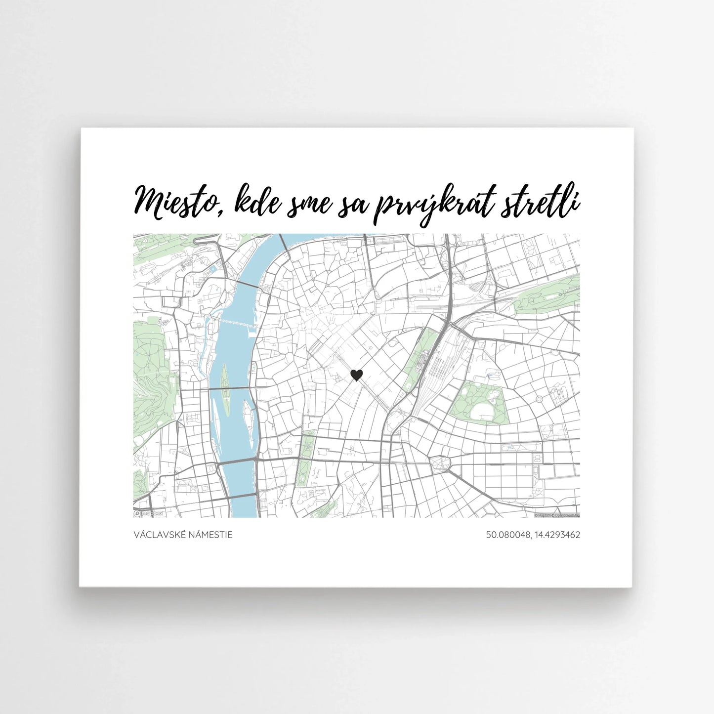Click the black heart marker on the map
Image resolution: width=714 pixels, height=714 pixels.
tap(356, 375)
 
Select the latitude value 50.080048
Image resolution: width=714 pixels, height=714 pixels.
tap(506, 535)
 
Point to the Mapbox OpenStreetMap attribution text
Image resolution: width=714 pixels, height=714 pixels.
tap(557, 515)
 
